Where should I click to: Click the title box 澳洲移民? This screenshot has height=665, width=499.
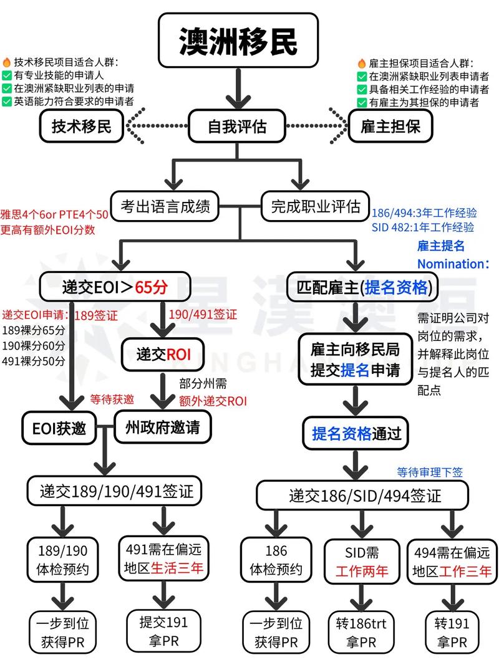click(x=238, y=41)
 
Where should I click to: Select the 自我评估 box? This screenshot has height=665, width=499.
click(x=237, y=127)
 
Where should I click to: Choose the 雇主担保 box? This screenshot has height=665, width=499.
click(x=390, y=127)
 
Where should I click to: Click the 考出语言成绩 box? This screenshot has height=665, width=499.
click(x=165, y=206)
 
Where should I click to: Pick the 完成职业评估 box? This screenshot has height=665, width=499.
click(x=315, y=206)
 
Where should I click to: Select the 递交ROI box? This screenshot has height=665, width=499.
click(x=164, y=355)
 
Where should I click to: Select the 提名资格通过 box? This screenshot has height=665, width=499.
click(x=356, y=433)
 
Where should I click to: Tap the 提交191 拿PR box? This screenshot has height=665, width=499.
click(x=163, y=631)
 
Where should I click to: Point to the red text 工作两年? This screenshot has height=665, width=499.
click(x=362, y=570)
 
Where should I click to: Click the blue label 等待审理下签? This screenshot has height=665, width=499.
click(x=430, y=472)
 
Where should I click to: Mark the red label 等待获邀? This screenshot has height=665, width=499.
click(x=112, y=399)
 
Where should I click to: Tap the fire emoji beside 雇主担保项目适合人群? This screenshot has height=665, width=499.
click(x=362, y=64)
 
